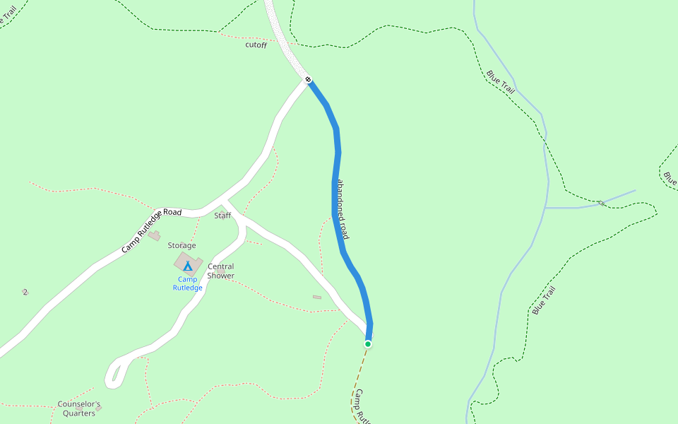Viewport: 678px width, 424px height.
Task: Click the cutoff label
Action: click(x=256, y=45)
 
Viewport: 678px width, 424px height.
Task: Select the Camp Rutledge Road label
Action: click(x=151, y=230)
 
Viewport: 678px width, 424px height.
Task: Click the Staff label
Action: click(x=222, y=216)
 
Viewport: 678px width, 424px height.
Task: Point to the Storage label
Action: click(x=182, y=246)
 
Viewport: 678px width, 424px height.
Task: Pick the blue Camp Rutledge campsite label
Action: click(x=188, y=283)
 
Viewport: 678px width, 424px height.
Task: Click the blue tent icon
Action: click(x=187, y=266)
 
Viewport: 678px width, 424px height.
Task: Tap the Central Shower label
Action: click(x=221, y=271)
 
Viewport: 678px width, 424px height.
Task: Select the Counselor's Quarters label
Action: click(x=79, y=409)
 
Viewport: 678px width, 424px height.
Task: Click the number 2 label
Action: click(x=25, y=292)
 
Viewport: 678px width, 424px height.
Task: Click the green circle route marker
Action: click(x=368, y=344)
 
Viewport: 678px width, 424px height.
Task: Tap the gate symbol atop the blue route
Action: click(x=309, y=78)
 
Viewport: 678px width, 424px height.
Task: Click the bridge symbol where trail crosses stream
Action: click(x=601, y=203)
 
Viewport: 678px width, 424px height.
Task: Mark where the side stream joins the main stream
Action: click(x=545, y=208)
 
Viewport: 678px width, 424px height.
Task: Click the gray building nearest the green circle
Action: click(x=317, y=297)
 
